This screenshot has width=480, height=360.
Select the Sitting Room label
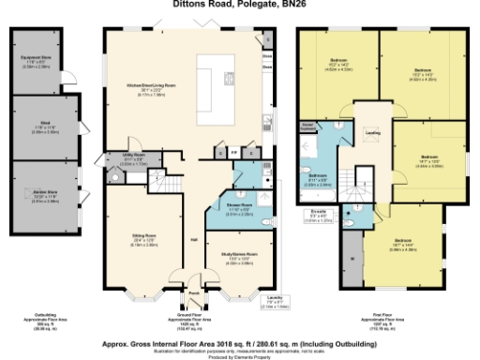pyautogui.click(x=143, y=241)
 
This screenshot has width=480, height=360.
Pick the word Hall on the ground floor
pyautogui.click(x=194, y=240)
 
